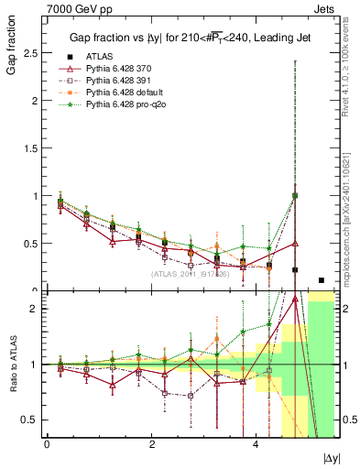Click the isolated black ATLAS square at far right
pos(321,280)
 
